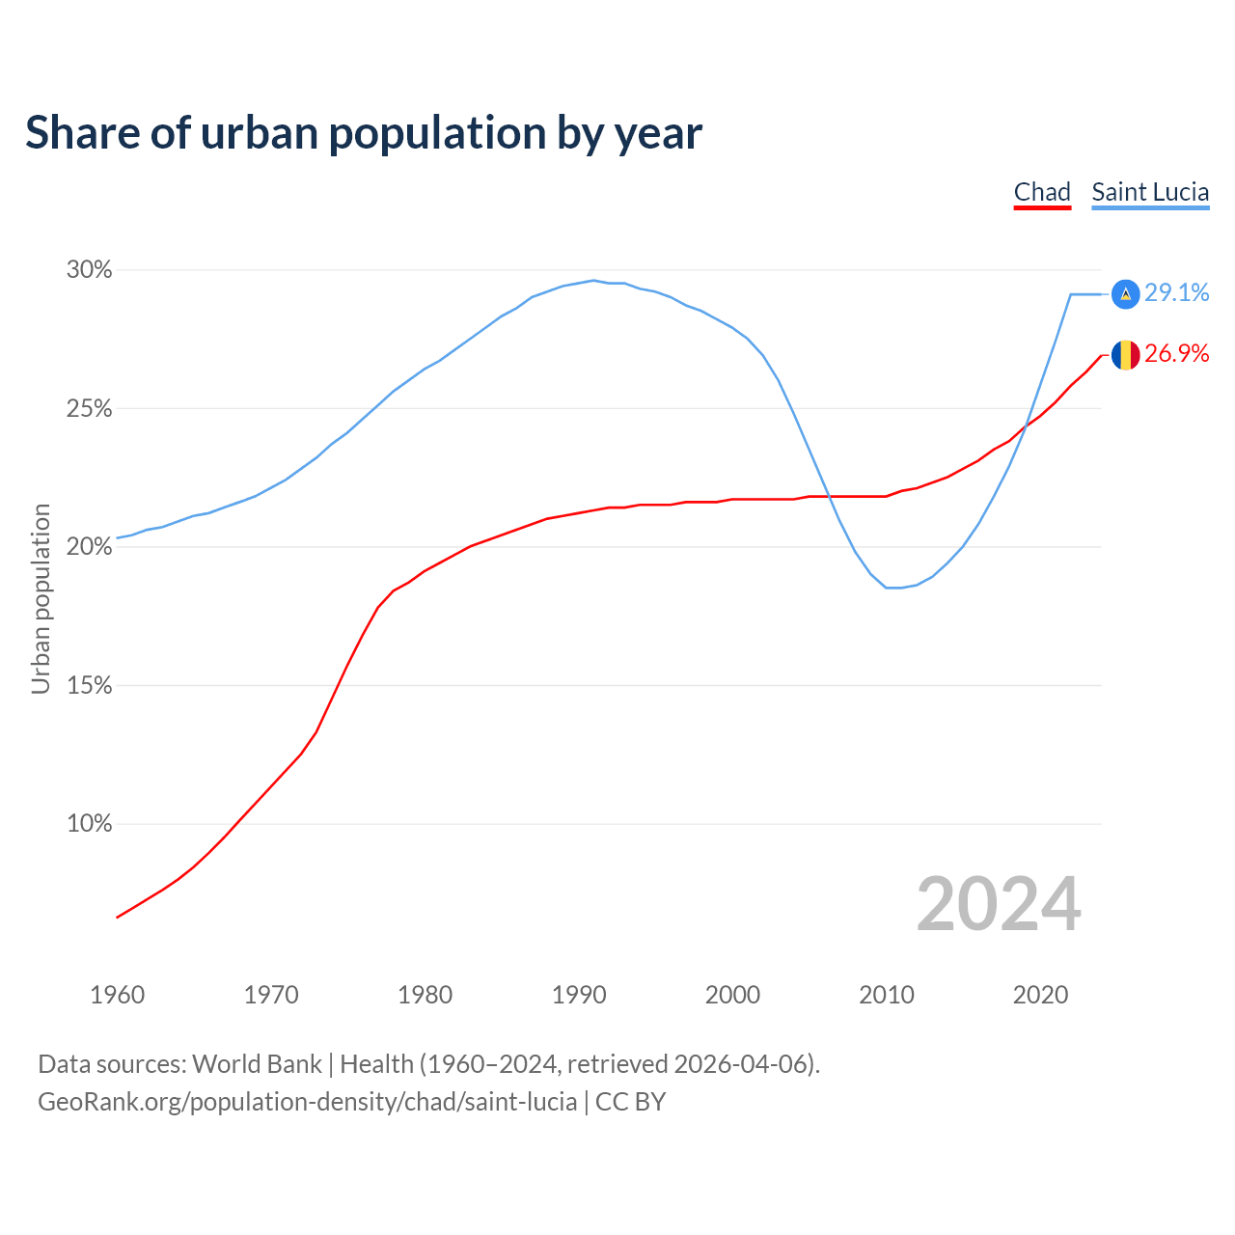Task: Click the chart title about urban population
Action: (364, 133)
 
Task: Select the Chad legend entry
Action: (1042, 192)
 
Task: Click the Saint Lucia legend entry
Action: (1150, 192)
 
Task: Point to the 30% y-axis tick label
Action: (90, 270)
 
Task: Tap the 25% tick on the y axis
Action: (90, 409)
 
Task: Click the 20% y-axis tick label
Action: (90, 547)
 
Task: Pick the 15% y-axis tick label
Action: (90, 686)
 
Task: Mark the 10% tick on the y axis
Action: (90, 824)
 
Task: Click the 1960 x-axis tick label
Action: (117, 995)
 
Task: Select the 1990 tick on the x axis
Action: (579, 995)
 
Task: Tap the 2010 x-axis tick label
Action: (887, 995)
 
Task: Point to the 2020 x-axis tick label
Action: (1040, 995)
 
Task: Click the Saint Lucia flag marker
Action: (1126, 294)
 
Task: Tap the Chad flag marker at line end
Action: (1126, 355)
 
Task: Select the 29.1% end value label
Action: (1177, 293)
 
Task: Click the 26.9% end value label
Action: (1177, 354)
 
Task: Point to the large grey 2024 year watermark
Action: (999, 904)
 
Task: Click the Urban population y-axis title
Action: (41, 598)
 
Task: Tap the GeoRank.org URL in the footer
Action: (308, 1102)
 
